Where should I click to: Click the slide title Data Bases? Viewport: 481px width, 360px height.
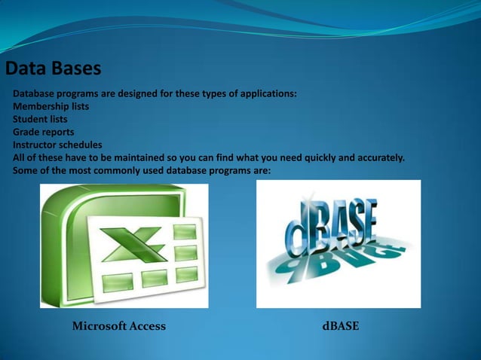(x=53, y=69)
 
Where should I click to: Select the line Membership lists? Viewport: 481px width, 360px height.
(x=51, y=107)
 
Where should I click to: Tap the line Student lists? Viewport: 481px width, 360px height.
(x=40, y=120)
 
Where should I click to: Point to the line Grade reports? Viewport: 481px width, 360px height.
(x=43, y=133)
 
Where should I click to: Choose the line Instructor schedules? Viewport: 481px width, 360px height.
(x=57, y=145)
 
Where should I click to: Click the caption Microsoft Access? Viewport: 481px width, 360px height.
(x=118, y=326)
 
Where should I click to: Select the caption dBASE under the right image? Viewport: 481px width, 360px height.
(x=340, y=326)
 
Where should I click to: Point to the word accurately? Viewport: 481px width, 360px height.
(x=379, y=158)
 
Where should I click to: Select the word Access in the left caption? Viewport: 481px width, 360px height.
(x=147, y=326)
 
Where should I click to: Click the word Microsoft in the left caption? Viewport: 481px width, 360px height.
(x=99, y=326)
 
